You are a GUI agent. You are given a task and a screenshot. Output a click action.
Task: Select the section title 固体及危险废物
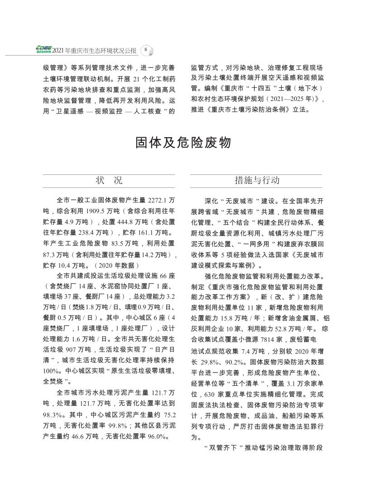pyautogui.click(x=183, y=143)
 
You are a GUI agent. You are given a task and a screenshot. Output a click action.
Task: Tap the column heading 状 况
pyautogui.click(x=109, y=180)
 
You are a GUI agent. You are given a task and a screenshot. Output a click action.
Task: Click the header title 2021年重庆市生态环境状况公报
pyautogui.click(x=94, y=50)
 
